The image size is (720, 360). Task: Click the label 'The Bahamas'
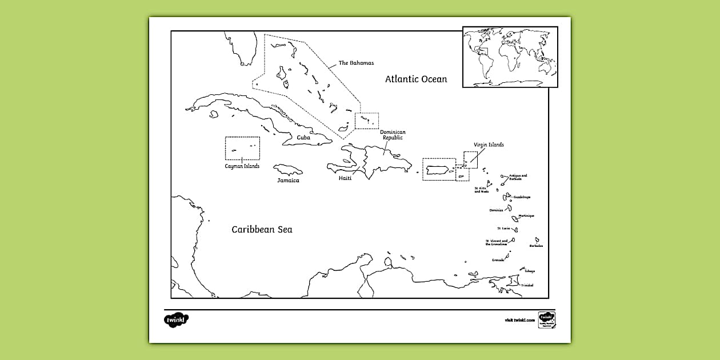pos(356,63)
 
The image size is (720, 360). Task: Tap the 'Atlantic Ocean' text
pos(415,79)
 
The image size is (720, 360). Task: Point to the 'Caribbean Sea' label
pos(262,230)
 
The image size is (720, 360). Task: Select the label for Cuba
pos(303,138)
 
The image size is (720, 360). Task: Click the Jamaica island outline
pos(288,170)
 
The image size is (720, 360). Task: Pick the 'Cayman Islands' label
pos(242,166)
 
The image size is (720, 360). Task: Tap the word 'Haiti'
pos(345,178)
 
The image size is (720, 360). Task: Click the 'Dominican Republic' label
pos(393,135)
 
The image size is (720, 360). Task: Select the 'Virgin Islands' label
pos(489,145)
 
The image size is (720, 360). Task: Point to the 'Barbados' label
pos(536,246)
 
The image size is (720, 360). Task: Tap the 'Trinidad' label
pos(527,285)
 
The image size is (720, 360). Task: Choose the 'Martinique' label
pos(526,216)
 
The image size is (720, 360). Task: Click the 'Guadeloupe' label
pos(522,197)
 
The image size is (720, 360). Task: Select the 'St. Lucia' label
pos(503,229)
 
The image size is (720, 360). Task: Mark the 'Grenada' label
pos(498,260)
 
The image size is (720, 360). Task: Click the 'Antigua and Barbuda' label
pos(518,178)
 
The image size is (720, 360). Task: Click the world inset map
pos(510,57)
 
